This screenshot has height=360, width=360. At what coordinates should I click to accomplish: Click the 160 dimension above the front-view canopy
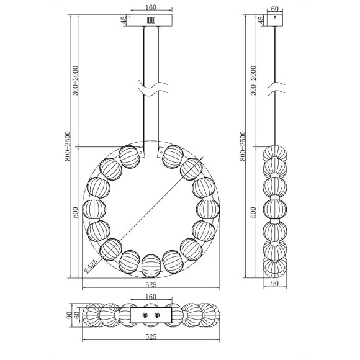pos(151,7)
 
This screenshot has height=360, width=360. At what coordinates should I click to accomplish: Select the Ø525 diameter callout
pos(91,266)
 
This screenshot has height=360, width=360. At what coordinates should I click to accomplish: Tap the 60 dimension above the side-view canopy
pos(275,9)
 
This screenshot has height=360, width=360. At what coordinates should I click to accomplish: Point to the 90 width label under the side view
pos(274,284)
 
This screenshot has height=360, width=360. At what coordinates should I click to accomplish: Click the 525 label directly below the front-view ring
pos(151,285)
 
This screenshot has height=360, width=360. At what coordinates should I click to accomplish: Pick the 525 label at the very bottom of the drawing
pos(151,336)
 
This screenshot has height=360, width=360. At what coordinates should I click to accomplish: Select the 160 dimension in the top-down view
pos(151,297)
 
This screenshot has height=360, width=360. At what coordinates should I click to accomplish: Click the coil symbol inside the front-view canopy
pos(151,20)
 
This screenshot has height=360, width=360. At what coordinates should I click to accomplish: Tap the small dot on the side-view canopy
pos(275,17)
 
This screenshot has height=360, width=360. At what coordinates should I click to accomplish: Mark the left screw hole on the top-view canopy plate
pos(145,315)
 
